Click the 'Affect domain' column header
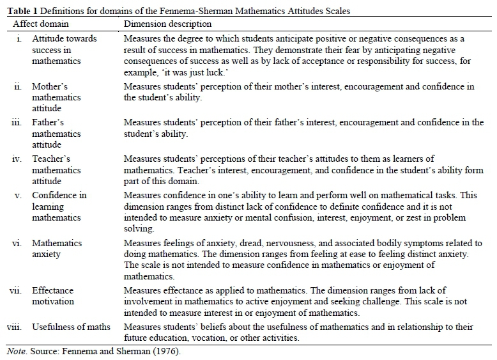point(42,24)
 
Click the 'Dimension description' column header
point(167,24)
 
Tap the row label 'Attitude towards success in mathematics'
point(56,50)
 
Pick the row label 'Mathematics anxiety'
point(57,249)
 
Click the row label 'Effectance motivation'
point(53,295)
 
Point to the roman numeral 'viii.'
point(14,327)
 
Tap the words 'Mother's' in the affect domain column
point(50,86)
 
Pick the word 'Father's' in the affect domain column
point(48,122)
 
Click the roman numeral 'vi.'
point(17,243)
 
